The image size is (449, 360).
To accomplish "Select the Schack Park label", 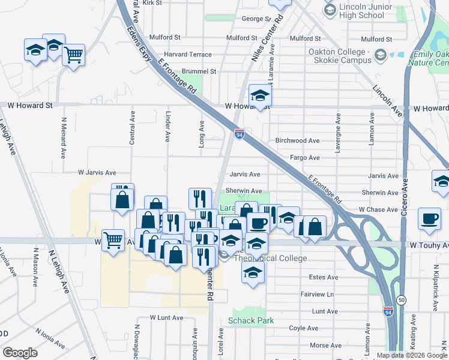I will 251,320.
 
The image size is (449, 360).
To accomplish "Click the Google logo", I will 20,353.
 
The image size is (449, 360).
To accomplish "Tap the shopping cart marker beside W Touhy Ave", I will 113,241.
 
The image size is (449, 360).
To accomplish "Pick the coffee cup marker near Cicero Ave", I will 429,219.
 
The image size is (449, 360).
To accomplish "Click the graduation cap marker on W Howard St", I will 260,95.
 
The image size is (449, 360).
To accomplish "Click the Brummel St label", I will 186,71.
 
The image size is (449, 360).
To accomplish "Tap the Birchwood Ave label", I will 297,140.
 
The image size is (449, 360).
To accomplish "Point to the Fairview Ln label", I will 318,295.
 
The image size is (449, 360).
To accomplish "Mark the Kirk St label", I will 152,3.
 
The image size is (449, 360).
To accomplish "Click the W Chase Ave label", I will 378,209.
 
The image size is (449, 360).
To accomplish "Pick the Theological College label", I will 270,258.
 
